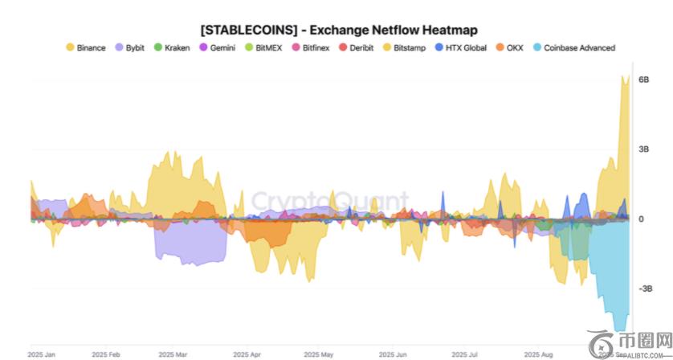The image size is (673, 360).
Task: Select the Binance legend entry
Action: pyautogui.click(x=85, y=48)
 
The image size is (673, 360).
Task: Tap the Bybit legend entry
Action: pyautogui.click(x=132, y=48)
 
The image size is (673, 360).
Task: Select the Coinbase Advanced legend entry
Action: pyautogui.click(x=573, y=48)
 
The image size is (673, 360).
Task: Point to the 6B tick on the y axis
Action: pyautogui.click(x=643, y=80)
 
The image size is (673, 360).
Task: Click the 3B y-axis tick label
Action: pyautogui.click(x=643, y=149)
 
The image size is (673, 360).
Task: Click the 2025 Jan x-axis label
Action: pyautogui.click(x=40, y=354)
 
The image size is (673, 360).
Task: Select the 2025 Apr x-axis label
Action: pyautogui.click(x=247, y=354)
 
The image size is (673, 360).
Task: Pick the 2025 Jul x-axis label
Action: pyautogui.click(x=465, y=354)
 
